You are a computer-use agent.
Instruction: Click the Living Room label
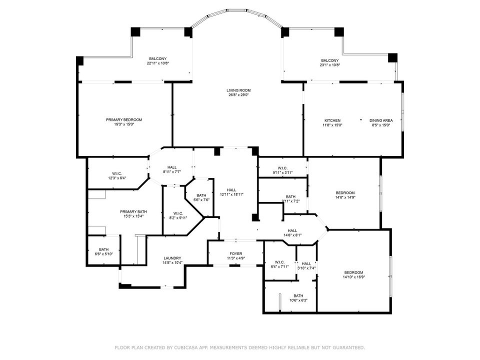237,90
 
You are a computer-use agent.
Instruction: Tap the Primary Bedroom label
124,119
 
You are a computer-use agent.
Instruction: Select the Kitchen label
332,120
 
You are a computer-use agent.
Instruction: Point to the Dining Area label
380,120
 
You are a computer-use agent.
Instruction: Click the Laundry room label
172,258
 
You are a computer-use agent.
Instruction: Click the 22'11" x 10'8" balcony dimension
157,64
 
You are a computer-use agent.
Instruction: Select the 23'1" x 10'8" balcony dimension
329,65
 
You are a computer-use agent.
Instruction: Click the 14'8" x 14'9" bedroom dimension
345,197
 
